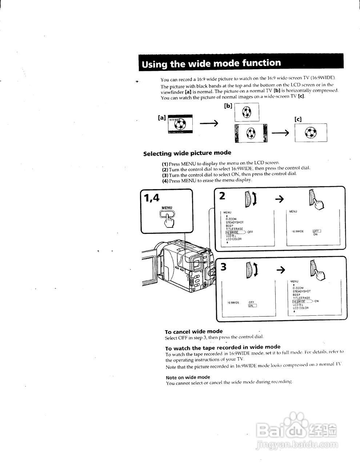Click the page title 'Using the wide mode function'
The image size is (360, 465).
(x=211, y=64)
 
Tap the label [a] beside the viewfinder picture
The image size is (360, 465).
(x=161, y=118)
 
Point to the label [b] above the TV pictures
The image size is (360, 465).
(x=228, y=106)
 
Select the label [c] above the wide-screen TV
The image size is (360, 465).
(x=298, y=119)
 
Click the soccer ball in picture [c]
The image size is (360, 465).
(x=310, y=133)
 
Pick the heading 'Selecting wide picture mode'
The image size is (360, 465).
(x=187, y=153)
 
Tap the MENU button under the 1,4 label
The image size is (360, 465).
(x=167, y=214)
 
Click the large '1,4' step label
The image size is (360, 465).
(x=152, y=198)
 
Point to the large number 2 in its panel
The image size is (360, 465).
(x=222, y=196)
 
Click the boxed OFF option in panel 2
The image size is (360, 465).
(x=317, y=231)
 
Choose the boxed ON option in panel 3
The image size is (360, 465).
(x=252, y=306)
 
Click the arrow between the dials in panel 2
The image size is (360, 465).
(x=279, y=199)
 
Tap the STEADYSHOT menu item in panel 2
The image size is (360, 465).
(x=235, y=222)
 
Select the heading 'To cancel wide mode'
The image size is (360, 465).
(x=193, y=331)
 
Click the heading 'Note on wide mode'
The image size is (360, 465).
(x=188, y=377)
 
